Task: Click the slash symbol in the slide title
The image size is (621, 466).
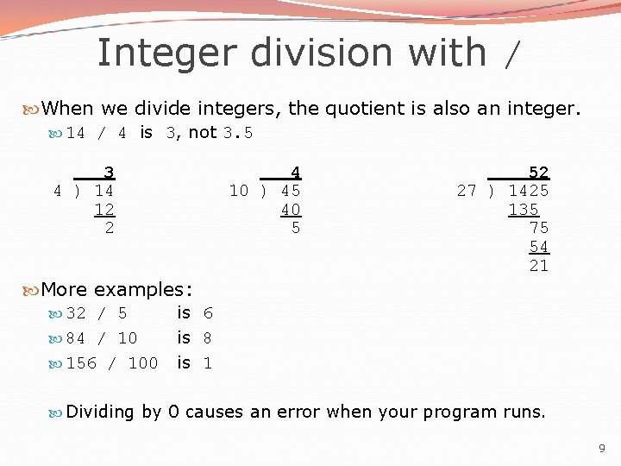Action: coord(512,55)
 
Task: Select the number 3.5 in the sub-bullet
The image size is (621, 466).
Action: coord(238,133)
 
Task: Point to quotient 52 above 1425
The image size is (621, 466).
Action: coord(538,172)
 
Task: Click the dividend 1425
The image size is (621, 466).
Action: coord(528,190)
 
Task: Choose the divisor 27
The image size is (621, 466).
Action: coord(467,190)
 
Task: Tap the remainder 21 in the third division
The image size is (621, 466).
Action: coord(538,266)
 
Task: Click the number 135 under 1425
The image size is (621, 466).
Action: coord(524,209)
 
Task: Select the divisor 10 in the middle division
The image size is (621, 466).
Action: coord(238,190)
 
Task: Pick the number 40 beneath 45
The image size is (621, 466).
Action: coord(291,209)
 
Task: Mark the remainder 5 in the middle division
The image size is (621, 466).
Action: coord(296,228)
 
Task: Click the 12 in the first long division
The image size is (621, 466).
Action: coord(104,209)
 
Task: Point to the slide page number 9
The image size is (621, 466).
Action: coord(601,449)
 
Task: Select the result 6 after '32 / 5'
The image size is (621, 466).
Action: coord(208,313)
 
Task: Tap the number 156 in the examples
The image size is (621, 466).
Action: coord(81,363)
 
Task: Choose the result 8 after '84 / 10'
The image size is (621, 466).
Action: coord(208,338)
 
